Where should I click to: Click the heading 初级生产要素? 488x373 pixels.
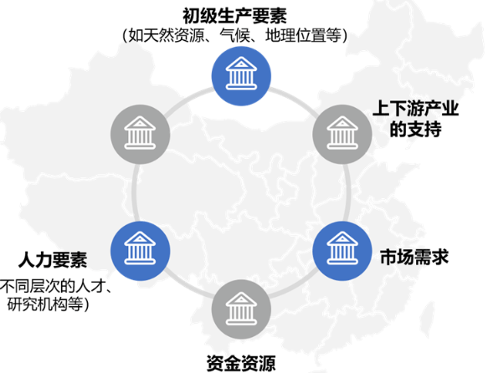click(x=234, y=16)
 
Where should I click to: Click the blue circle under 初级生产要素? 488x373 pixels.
click(x=241, y=76)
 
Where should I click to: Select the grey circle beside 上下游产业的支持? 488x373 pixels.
click(x=342, y=135)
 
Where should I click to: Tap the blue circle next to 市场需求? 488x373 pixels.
click(x=342, y=251)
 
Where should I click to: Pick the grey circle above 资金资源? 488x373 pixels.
click(x=241, y=309)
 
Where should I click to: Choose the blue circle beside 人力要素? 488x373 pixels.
click(x=140, y=251)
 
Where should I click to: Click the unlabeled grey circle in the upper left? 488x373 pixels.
click(x=140, y=135)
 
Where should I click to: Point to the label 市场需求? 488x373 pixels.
click(x=414, y=257)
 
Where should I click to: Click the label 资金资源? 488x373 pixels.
click(x=241, y=363)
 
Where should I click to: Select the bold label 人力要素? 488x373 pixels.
click(x=53, y=260)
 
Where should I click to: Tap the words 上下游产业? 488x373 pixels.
click(x=416, y=109)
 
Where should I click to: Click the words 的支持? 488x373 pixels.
click(x=416, y=129)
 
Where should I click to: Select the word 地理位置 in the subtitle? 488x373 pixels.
click(x=295, y=35)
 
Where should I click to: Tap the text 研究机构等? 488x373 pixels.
click(x=45, y=304)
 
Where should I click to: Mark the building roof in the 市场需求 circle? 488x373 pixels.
click(x=342, y=238)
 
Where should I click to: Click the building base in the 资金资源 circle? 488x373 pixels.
click(x=241, y=322)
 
